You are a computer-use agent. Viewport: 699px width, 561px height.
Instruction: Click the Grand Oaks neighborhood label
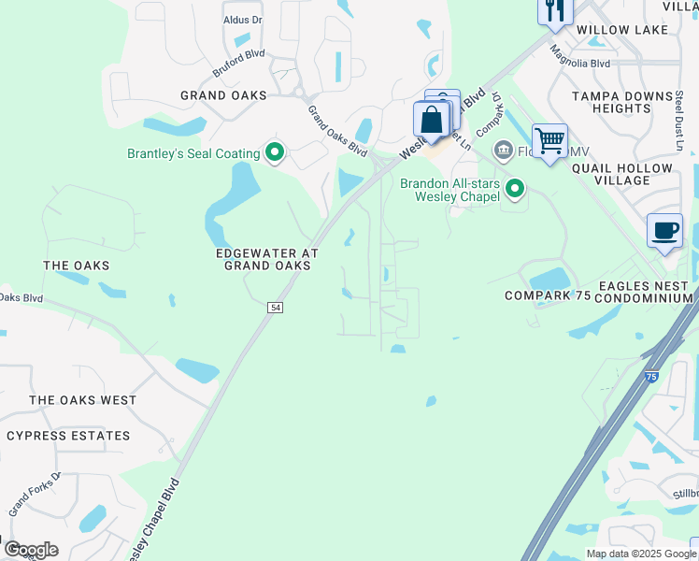(x=223, y=95)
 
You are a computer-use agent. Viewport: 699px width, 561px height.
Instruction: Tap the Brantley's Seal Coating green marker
(x=274, y=151)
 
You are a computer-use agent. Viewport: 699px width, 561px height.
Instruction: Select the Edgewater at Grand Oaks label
(x=267, y=259)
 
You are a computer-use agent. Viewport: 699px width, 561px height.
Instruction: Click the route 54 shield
(x=275, y=308)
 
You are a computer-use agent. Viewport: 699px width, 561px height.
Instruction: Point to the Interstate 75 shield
(x=651, y=376)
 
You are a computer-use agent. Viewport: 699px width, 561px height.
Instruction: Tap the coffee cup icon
(x=664, y=231)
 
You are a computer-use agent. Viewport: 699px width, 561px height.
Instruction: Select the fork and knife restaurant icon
(x=555, y=9)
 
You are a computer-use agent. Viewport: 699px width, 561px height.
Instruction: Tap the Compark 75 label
(x=549, y=295)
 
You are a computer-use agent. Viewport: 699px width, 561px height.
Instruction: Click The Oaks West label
(x=82, y=400)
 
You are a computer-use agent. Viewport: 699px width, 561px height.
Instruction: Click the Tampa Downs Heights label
(x=623, y=102)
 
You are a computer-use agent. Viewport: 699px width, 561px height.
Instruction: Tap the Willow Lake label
(x=622, y=30)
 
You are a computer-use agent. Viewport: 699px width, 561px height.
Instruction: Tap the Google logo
(x=31, y=550)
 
